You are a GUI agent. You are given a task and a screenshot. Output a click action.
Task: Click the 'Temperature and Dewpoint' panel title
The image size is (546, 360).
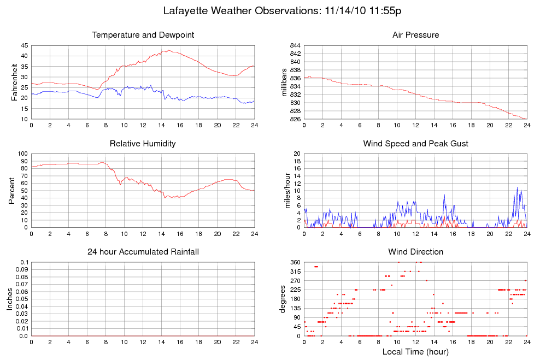pos(143,35)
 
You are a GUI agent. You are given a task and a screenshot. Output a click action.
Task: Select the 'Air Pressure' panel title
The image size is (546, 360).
pos(415,35)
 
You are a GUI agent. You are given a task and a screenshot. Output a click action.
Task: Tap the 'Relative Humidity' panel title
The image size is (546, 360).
pos(143,144)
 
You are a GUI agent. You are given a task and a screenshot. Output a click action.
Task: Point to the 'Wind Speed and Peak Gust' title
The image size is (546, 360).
pos(415,144)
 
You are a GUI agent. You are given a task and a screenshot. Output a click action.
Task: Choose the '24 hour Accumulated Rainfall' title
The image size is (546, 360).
pos(143,252)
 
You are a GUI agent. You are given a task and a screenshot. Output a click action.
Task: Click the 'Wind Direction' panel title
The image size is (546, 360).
pos(415,252)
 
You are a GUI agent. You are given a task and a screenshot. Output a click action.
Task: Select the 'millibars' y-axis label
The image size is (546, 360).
pos(284,82)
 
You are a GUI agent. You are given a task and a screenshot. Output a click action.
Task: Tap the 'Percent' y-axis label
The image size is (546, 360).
pos(11,191)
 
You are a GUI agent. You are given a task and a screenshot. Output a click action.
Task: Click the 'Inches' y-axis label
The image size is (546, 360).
pos(9,299)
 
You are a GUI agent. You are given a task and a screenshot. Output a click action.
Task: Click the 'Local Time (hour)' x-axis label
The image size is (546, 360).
pos(415,352)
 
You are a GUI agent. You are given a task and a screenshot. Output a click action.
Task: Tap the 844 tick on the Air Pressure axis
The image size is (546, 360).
pos(293,45)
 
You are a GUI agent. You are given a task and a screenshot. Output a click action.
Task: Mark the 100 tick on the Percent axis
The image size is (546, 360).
pos(22,154)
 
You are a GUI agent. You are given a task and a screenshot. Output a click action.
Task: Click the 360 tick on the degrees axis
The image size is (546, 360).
pos(293,262)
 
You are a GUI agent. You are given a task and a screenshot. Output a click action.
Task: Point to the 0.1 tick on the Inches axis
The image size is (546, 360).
pos(24,262)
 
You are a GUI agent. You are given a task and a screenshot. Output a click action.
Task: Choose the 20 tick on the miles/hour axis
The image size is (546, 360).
pos(296,154)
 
